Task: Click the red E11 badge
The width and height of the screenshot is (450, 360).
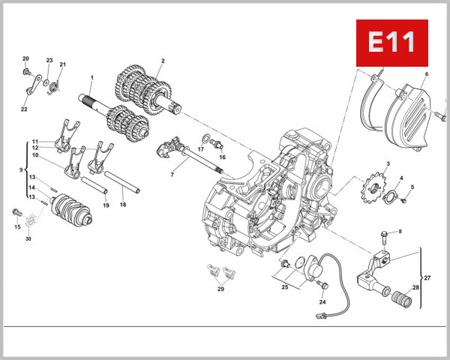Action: pyautogui.click(x=391, y=42)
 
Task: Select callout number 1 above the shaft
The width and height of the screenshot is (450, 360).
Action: pyautogui.click(x=91, y=78)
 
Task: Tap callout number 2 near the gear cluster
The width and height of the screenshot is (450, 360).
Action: pyautogui.click(x=163, y=61)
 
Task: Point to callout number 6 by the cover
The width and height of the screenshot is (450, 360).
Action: pyautogui.click(x=426, y=74)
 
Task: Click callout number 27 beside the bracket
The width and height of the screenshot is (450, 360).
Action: pyautogui.click(x=427, y=277)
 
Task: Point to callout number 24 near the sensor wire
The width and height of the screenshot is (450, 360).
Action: pyautogui.click(x=322, y=302)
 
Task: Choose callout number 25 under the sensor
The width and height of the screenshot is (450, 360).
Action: pyautogui.click(x=286, y=286)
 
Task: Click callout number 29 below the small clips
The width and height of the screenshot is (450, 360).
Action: pyautogui.click(x=220, y=289)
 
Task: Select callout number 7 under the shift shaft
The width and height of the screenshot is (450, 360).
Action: pyautogui.click(x=172, y=175)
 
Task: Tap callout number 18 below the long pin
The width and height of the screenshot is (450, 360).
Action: pyautogui.click(x=123, y=205)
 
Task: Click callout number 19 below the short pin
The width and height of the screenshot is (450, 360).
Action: pyautogui.click(x=106, y=205)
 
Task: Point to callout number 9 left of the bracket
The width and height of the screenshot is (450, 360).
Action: pyautogui.click(x=21, y=170)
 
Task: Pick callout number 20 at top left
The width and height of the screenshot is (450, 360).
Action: pyautogui.click(x=25, y=58)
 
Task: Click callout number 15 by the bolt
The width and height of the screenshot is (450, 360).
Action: pyautogui.click(x=16, y=225)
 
